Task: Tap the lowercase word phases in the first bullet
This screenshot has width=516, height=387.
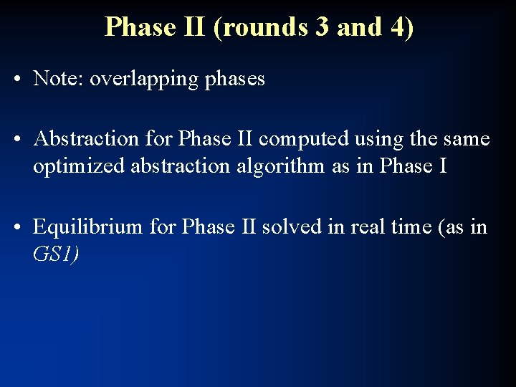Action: click(x=235, y=80)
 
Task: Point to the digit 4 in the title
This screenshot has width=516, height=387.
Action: click(x=395, y=27)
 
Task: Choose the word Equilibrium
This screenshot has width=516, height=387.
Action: click(x=89, y=227)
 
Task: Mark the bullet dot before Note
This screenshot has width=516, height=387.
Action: click(x=16, y=80)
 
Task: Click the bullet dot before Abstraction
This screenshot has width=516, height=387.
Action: click(x=16, y=139)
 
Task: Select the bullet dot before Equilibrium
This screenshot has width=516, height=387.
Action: click(x=16, y=228)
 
